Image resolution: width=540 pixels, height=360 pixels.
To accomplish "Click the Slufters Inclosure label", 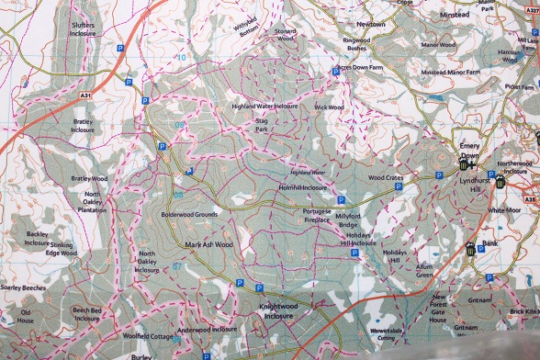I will tap(82, 30).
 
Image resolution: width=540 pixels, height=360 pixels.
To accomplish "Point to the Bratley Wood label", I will tap(90, 177).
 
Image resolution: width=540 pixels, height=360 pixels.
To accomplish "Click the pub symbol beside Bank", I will tap(468, 249).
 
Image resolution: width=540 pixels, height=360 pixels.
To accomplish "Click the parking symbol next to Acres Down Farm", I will tap(336, 72).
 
